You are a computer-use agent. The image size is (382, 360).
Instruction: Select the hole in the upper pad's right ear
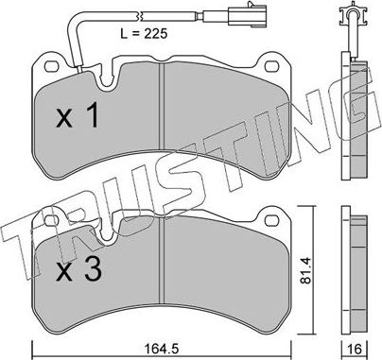click(277, 67)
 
